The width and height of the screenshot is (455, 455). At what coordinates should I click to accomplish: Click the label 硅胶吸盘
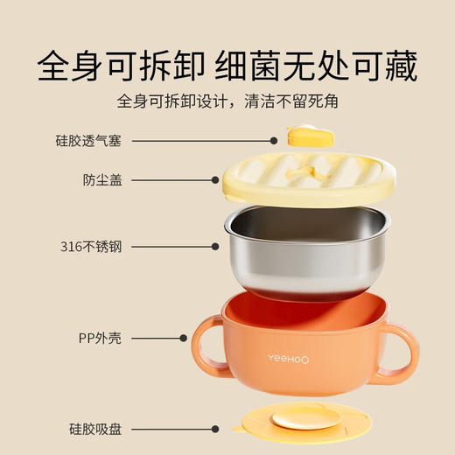point(96,429)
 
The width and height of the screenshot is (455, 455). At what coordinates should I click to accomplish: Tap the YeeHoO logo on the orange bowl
point(294,357)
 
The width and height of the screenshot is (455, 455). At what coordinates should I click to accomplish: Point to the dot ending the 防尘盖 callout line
point(215,180)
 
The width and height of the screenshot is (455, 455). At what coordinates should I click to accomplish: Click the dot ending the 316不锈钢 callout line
point(215,247)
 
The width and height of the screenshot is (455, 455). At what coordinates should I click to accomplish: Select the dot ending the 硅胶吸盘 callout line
point(218,429)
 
